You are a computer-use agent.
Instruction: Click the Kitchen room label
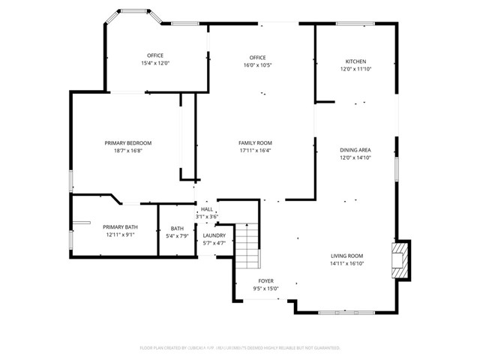[355, 61]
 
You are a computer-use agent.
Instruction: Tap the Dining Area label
[355, 150]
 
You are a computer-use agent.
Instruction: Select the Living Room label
[347, 256]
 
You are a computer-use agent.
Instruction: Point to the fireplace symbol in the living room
[402, 259]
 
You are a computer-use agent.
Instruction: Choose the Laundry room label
[214, 235]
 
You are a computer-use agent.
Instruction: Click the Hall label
[206, 209]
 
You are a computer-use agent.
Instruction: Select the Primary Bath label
[120, 227]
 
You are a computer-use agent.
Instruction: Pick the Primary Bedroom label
[127, 142]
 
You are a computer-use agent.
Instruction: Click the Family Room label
[255, 142]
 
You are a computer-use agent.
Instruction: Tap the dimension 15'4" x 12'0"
[155, 63]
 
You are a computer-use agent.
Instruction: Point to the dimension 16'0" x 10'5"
[258, 65]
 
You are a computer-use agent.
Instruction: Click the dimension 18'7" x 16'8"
[127, 150]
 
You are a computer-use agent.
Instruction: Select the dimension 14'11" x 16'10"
[347, 263]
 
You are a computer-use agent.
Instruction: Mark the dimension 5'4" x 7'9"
[177, 236]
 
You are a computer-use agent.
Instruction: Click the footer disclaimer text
[240, 348]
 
